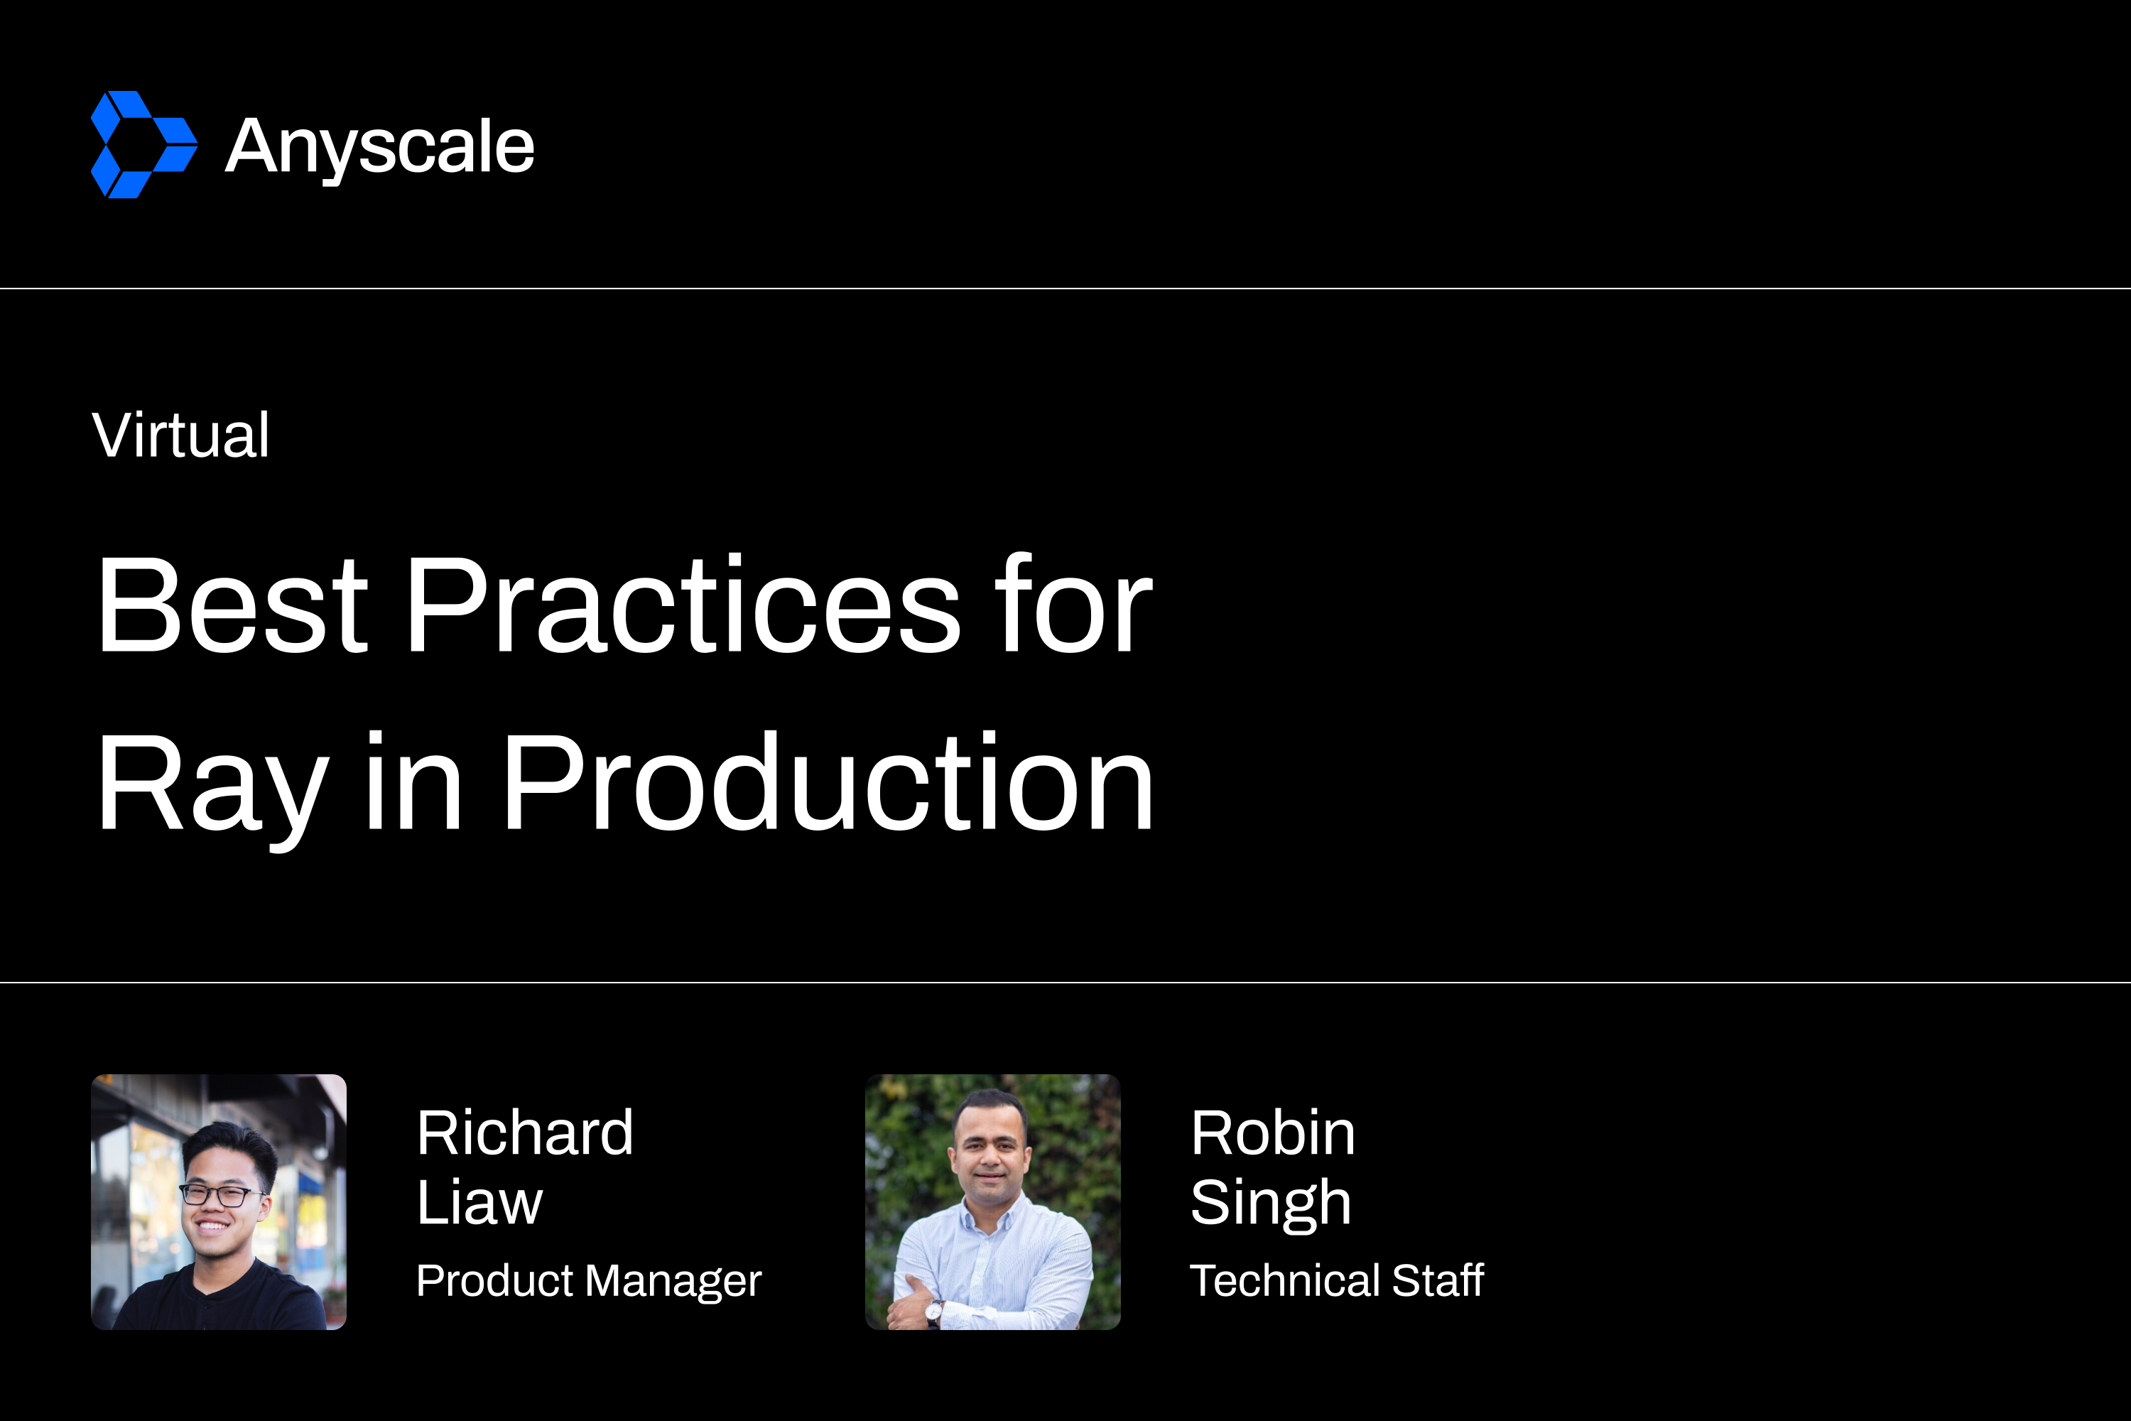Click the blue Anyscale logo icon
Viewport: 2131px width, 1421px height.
pos(144,144)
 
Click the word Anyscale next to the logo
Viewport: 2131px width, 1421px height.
pos(379,147)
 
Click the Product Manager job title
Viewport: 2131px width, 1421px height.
pos(589,1280)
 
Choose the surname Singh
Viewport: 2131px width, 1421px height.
pos(1270,1204)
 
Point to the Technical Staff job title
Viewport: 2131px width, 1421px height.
pos(1336,1280)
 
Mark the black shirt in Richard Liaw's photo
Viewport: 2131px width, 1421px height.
pos(222,1300)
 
